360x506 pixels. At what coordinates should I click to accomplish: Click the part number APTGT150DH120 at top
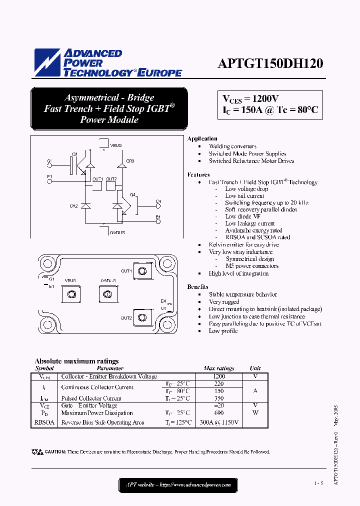pos(270,63)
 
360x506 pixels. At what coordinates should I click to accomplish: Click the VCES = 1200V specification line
pos(251,98)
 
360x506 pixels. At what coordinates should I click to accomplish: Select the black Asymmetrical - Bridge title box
pos(109,108)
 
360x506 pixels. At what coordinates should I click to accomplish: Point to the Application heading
pos(202,138)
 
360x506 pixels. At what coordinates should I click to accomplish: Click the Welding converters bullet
pos(232,146)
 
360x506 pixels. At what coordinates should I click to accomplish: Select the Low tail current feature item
pos(244,196)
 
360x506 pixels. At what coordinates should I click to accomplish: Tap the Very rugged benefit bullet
pos(224,301)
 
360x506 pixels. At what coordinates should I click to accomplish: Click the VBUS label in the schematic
pos(115,145)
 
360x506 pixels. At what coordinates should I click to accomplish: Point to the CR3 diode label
pos(130,161)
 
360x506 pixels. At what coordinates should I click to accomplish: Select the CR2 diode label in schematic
pos(73,206)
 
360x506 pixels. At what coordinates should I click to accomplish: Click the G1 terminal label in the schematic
pos(49,161)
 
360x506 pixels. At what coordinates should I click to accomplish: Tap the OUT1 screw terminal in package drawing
pos(143,271)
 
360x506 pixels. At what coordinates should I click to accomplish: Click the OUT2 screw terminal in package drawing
pos(143,317)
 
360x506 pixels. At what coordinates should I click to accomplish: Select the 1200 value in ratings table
pos(219,376)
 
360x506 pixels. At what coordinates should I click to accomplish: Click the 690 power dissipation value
pos(219,413)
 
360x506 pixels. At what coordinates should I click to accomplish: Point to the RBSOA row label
pos(44,422)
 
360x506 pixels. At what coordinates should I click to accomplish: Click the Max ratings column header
pos(218,368)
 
